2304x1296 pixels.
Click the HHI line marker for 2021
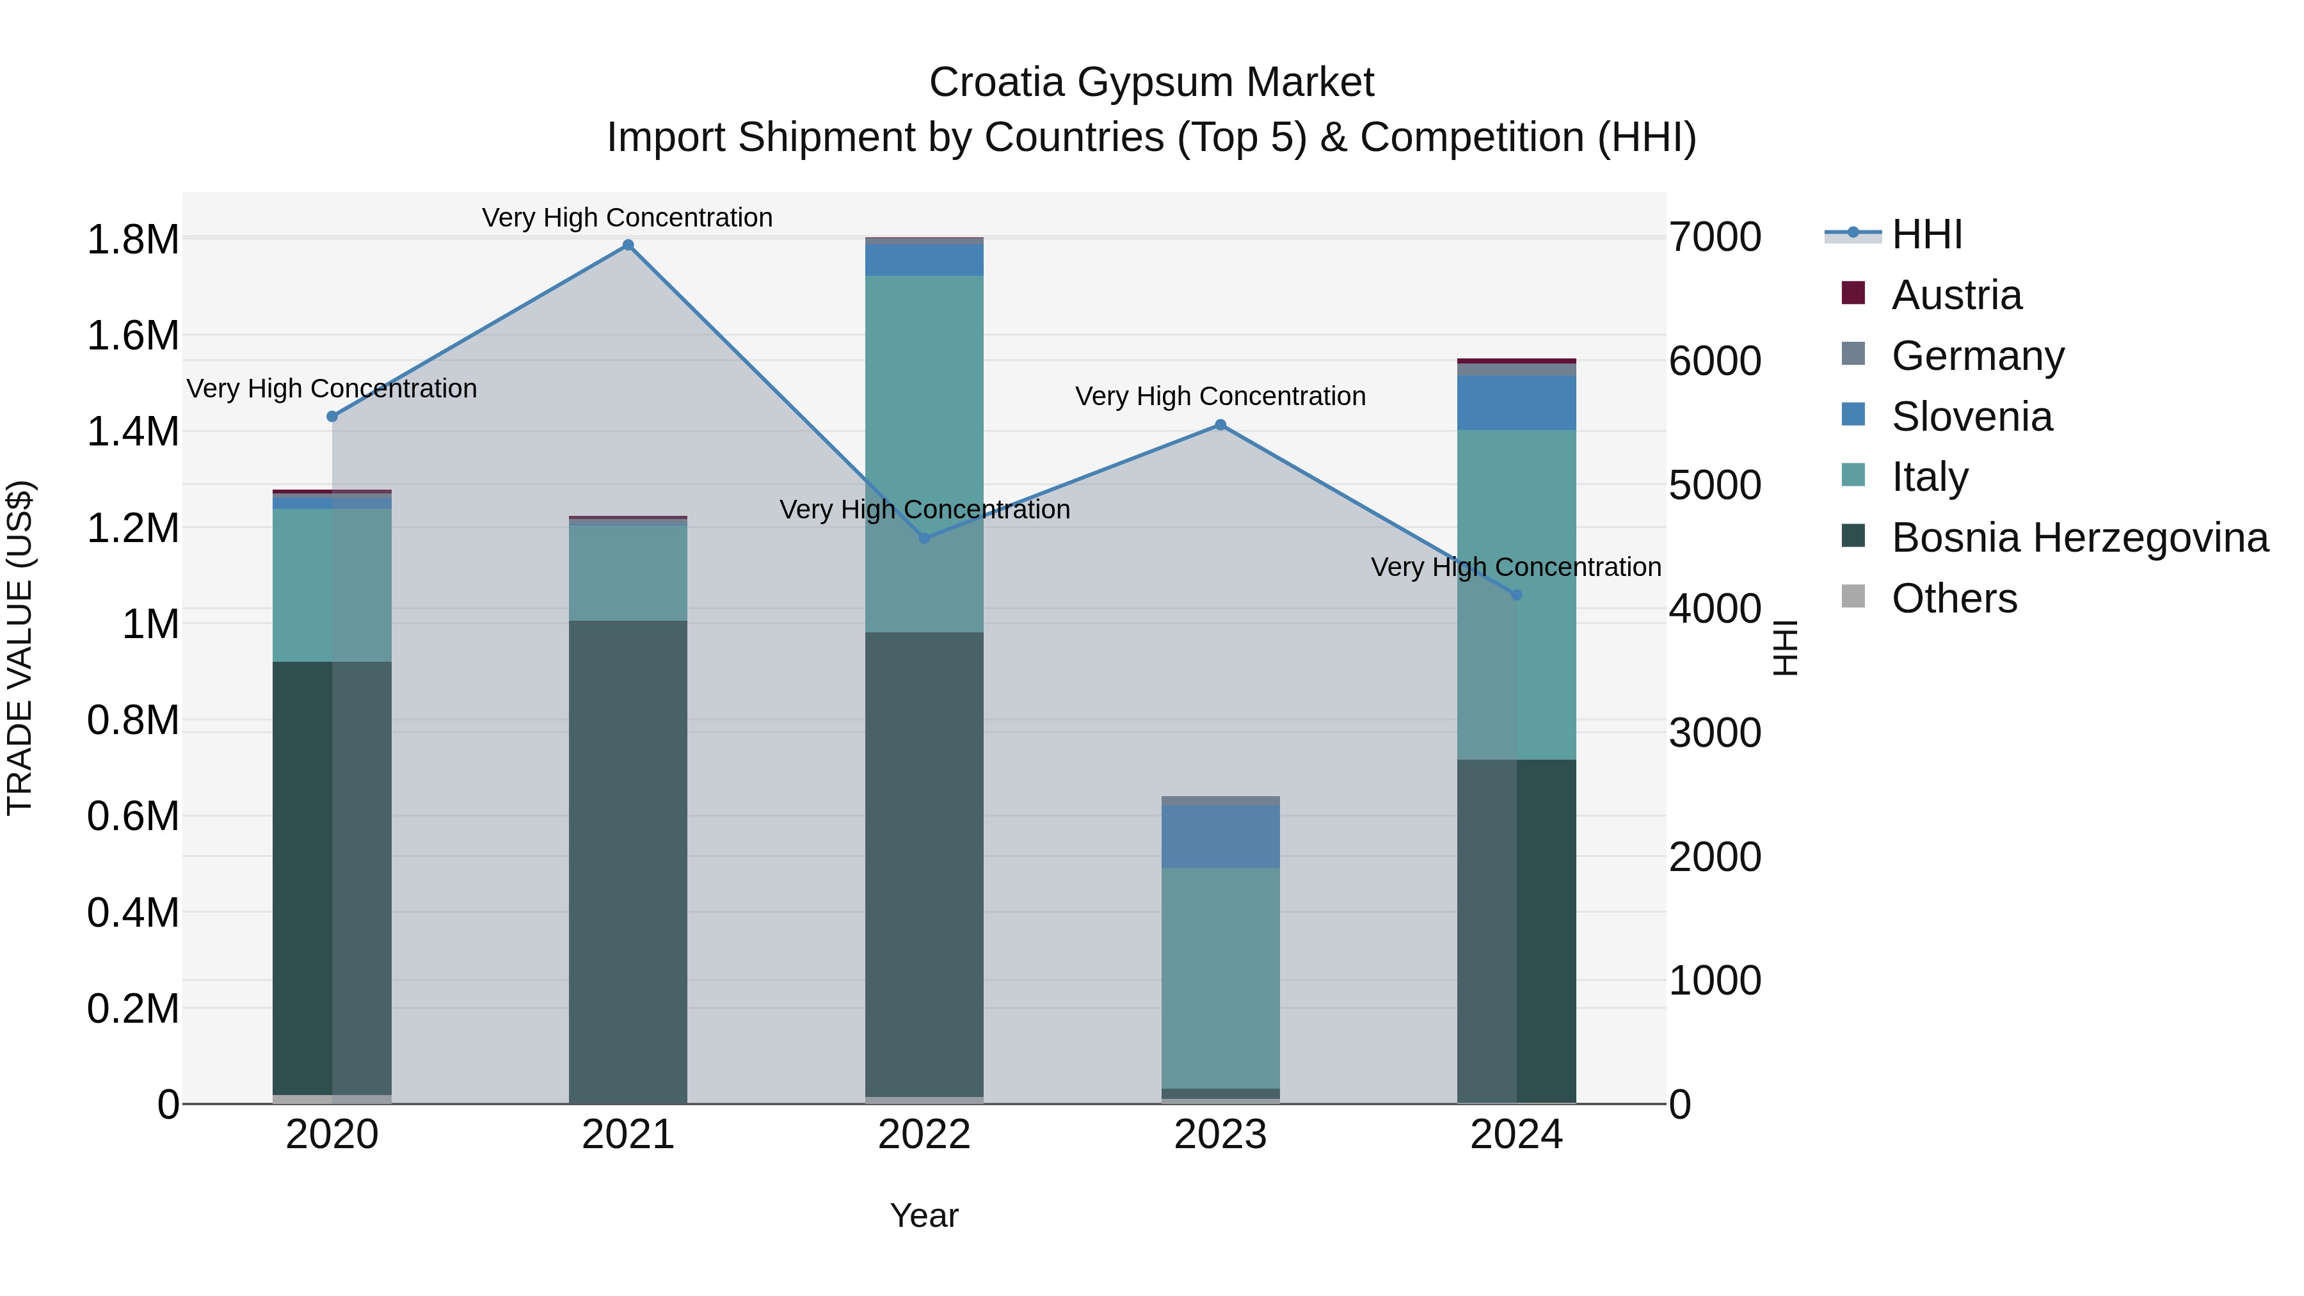coord(628,245)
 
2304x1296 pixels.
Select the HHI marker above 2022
coord(925,538)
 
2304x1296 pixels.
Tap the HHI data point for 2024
coord(1516,595)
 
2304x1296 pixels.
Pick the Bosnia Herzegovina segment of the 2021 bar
coord(628,861)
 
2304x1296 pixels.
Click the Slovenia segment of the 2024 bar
coord(1516,403)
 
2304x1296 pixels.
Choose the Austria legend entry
coord(1955,295)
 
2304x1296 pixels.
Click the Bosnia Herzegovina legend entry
coord(2079,538)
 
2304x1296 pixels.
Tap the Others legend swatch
coord(1853,596)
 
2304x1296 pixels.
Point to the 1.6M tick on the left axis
coord(132,336)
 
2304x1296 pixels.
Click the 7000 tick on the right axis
coord(1715,238)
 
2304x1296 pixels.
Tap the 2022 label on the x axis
coord(924,1135)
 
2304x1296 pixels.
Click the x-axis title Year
coord(924,1215)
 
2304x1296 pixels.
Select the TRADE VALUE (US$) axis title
coord(20,648)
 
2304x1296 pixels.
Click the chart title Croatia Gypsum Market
coord(1151,83)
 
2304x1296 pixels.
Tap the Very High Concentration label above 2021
coord(627,218)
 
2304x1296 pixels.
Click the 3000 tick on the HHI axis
coord(1715,733)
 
